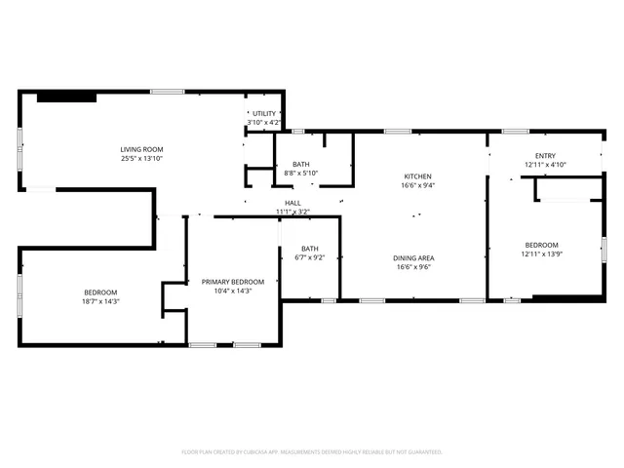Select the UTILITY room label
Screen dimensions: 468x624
click(264, 113)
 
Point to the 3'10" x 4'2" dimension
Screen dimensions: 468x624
click(264, 123)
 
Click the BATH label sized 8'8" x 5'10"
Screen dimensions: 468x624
click(300, 164)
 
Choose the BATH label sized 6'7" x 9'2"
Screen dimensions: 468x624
click(309, 248)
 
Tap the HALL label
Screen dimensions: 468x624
click(292, 202)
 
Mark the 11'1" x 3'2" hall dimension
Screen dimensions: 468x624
click(292, 212)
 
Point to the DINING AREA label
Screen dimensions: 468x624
click(413, 257)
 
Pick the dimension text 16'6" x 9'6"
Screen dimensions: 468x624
click(413, 267)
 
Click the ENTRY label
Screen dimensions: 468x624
click(544, 156)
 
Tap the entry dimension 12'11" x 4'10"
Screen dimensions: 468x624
click(544, 166)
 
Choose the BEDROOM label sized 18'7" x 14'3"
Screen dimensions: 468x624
click(100, 292)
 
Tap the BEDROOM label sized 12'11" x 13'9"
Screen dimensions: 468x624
click(542, 244)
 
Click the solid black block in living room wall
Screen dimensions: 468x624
click(66, 97)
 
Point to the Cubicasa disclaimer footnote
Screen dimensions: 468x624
click(312, 452)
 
